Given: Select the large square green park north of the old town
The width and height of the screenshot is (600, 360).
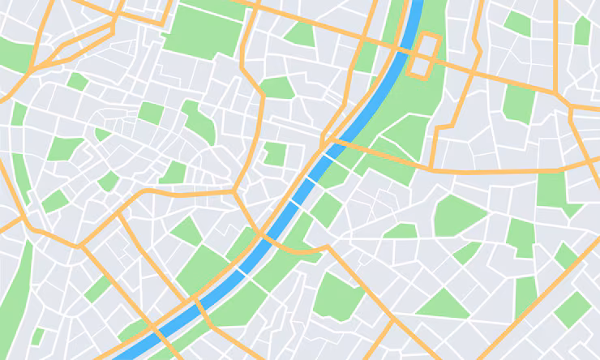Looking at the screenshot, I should pos(203,30).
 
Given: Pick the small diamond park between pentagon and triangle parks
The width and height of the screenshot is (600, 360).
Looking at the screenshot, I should pos(467,252).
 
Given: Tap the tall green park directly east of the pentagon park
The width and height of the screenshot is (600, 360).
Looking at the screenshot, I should pos(519,235).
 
